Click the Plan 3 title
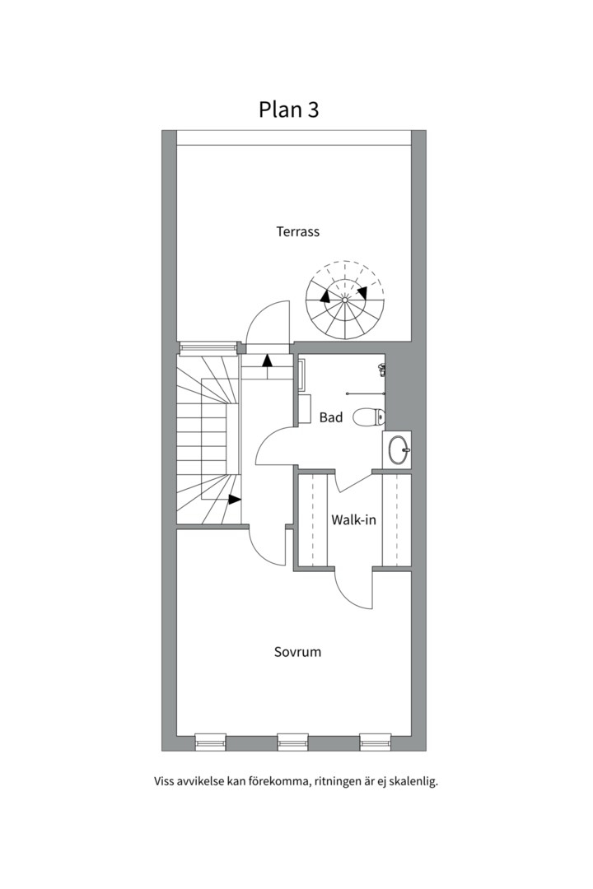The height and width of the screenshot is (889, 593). point(289,109)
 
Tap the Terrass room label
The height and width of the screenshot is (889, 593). point(298,231)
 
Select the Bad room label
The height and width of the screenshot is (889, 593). point(331,418)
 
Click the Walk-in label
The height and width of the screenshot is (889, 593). point(353,519)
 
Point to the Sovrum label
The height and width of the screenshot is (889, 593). point(298,652)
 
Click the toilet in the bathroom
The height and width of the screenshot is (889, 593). point(369,418)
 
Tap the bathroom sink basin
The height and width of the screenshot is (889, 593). point(399,450)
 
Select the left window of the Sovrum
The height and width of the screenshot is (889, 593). point(210,742)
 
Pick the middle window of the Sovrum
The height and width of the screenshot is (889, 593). point(293,742)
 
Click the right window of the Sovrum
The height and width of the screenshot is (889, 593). point(375,742)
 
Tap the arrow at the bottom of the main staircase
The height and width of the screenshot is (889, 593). point(235,500)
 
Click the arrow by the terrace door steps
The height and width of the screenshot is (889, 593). point(266,360)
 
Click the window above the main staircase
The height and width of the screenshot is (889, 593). point(207,347)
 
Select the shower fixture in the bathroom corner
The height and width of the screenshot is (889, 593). point(382,369)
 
